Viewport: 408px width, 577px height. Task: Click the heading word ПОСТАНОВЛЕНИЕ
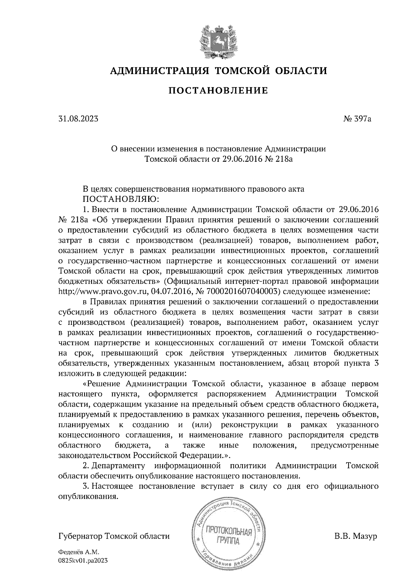[x=218, y=91]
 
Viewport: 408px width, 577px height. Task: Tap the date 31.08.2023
[x=79, y=119]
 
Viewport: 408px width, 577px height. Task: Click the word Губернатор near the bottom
[x=81, y=537]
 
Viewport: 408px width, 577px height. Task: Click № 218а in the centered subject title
[x=278, y=159]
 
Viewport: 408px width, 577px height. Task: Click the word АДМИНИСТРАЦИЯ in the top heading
[x=159, y=71]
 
